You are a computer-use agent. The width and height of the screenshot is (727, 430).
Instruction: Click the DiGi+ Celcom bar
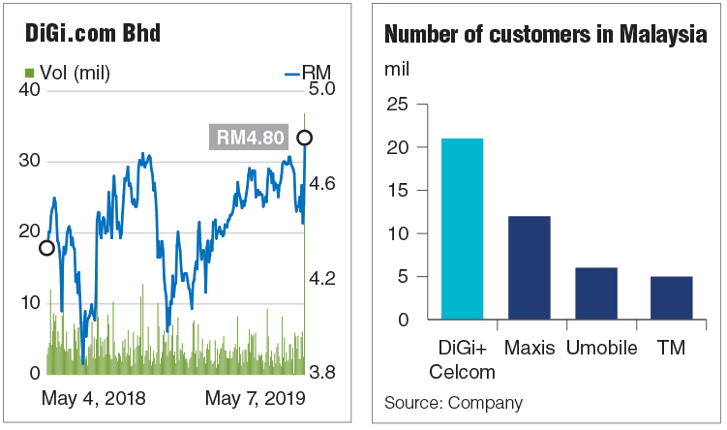(x=462, y=229)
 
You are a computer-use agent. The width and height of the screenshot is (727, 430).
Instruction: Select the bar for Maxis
(x=529, y=267)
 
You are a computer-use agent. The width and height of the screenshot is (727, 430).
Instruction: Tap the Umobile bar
(x=596, y=293)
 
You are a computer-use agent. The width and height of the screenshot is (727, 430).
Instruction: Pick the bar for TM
(x=672, y=297)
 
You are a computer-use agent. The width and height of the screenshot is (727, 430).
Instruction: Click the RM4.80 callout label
(x=249, y=138)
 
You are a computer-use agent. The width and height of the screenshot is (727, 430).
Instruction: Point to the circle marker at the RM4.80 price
(x=305, y=138)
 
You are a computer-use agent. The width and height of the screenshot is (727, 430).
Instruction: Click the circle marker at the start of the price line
(x=46, y=248)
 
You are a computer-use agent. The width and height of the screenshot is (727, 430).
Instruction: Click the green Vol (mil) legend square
(x=30, y=73)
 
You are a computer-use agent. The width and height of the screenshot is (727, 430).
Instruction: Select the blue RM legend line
(x=292, y=75)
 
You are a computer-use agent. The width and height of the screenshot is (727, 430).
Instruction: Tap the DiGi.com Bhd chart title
(x=93, y=33)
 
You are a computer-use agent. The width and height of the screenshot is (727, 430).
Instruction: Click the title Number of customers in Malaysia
(x=546, y=34)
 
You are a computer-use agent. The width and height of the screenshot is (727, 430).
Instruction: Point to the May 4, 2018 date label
(x=93, y=398)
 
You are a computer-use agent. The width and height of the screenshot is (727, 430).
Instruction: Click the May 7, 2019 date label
(x=256, y=398)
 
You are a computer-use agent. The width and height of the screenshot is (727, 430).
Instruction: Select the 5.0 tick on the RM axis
(x=321, y=88)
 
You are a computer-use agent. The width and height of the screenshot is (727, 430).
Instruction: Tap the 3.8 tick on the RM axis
(x=321, y=372)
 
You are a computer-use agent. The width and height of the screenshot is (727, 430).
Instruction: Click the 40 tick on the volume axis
(x=29, y=89)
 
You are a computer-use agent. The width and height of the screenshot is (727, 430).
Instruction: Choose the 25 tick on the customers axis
(x=398, y=104)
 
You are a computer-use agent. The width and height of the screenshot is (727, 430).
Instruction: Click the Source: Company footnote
(x=453, y=403)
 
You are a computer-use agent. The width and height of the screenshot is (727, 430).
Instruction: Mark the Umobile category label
(x=602, y=348)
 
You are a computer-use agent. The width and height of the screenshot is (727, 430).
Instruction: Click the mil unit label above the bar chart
(x=397, y=69)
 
